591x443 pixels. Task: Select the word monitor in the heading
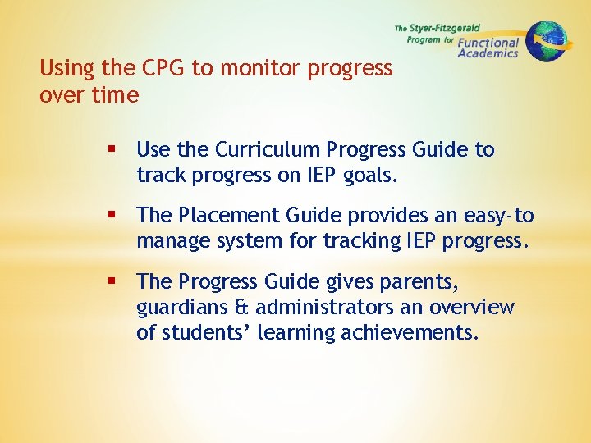[x=259, y=68]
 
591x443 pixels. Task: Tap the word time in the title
[x=116, y=95]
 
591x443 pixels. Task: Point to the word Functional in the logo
[x=488, y=43]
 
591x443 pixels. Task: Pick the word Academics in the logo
[x=488, y=53]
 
